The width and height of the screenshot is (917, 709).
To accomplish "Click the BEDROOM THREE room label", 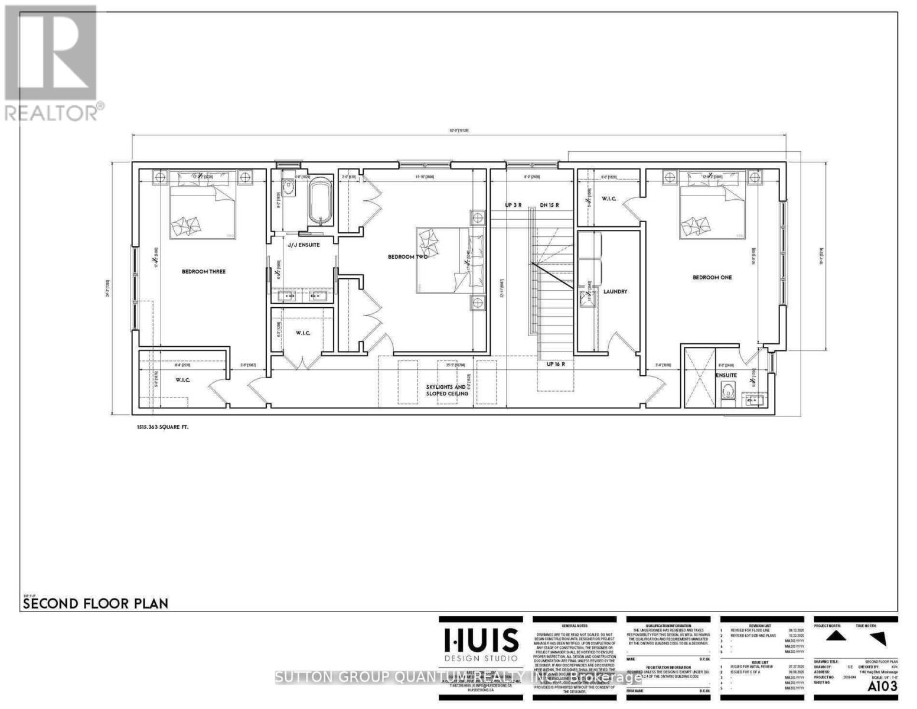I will point(203,272).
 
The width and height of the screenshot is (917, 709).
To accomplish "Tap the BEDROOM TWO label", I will point(407,256).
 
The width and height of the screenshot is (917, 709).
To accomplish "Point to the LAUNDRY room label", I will point(615,291).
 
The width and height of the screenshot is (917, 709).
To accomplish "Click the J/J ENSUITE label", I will point(304,245).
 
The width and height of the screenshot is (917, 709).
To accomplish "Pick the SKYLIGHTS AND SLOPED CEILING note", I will point(447,390).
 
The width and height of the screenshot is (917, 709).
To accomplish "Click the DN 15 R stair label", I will point(549,206).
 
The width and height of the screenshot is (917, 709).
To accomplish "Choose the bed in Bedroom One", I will point(712,207).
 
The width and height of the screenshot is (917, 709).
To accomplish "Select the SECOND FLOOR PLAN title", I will point(95,603).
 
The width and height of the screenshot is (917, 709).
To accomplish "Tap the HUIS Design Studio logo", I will point(481,645).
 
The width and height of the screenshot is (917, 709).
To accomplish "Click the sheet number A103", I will point(882,686).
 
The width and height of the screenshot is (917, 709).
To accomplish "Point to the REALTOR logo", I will point(52,62).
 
